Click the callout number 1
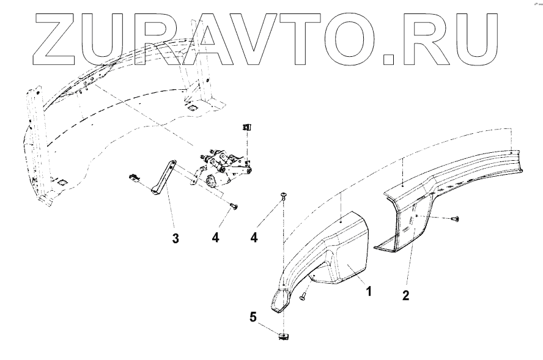click(x=369, y=291)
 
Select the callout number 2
click(x=406, y=295)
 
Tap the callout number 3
click(x=175, y=238)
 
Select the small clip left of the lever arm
click(x=135, y=178)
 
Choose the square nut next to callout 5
click(x=284, y=336)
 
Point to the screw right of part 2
click(x=456, y=219)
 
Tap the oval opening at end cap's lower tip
click(x=282, y=301)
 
